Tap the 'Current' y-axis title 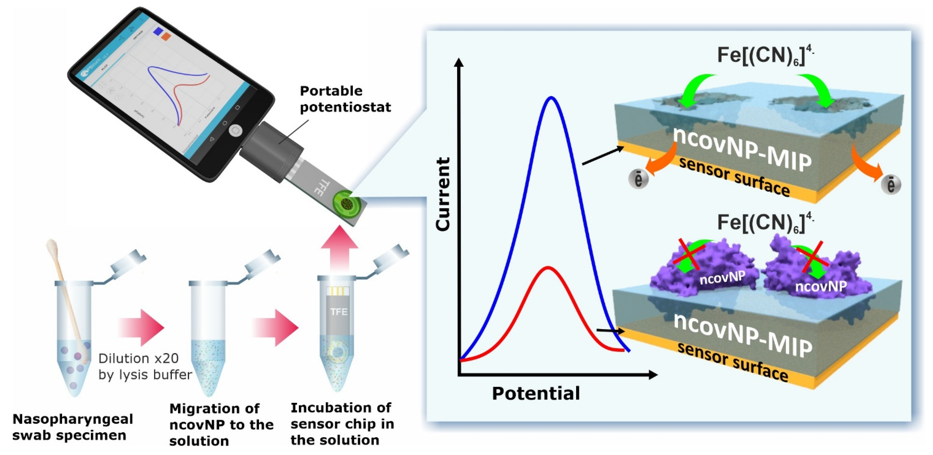[x=443, y=194]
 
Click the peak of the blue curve [x=551, y=98]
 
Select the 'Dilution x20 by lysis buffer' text [x=145, y=366]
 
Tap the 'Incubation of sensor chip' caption [x=342, y=424]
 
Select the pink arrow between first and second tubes [x=142, y=327]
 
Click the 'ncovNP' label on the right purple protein [x=821, y=286]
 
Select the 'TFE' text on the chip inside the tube [x=339, y=312]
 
